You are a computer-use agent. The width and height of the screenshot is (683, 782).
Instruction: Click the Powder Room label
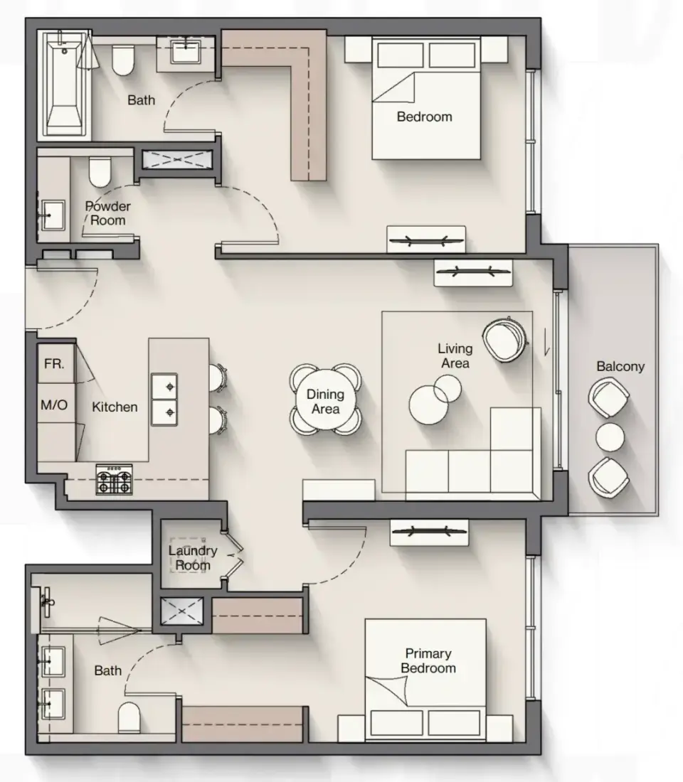point(107,213)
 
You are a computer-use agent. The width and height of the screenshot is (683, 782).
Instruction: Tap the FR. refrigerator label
point(54,364)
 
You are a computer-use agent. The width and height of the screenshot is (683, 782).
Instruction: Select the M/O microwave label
point(54,405)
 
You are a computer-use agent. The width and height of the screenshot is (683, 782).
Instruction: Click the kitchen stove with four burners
point(115,480)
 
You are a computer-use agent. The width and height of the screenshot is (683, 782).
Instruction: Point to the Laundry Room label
point(193,558)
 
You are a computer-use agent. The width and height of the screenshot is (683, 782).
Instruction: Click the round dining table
point(326,400)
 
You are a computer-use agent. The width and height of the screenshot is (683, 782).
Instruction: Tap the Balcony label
point(620,367)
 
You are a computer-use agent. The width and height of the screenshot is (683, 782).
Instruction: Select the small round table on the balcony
point(610,437)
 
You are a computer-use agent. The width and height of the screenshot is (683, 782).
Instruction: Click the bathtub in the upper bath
point(65,84)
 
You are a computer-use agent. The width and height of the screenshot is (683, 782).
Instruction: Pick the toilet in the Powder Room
point(100,172)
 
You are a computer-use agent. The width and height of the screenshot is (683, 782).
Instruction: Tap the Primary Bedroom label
point(428,661)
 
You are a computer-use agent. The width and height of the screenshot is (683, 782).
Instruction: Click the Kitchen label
point(115,407)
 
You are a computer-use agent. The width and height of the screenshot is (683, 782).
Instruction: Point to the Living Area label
point(455,355)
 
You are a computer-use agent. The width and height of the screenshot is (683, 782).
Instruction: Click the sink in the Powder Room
point(53,215)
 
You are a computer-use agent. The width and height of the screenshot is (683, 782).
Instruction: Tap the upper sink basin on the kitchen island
point(164,387)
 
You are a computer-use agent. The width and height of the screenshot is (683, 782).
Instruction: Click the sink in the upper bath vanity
point(186,52)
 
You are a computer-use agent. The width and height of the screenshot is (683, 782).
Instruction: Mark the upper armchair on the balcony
point(608,397)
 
